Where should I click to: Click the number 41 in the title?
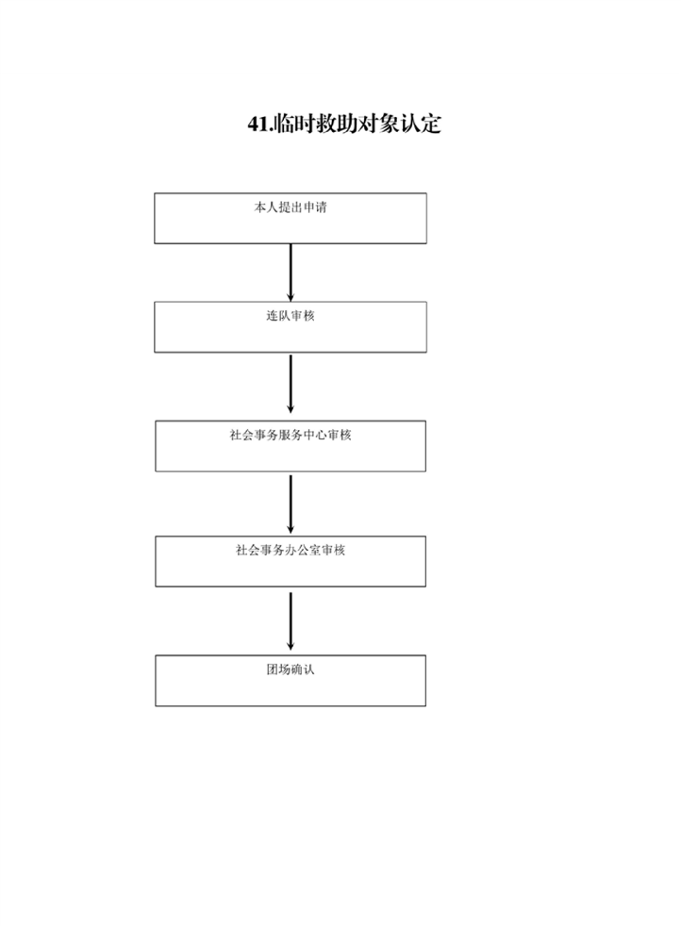click(257, 124)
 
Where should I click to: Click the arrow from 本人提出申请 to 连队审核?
click(290, 273)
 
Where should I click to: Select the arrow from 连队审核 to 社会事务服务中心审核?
click(290, 384)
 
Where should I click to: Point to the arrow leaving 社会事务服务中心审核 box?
click(290, 504)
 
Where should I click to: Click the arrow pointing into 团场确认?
click(290, 621)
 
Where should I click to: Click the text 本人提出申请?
click(290, 207)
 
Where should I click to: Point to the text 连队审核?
click(290, 316)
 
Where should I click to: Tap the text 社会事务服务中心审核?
click(290, 436)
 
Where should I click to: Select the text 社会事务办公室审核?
click(290, 551)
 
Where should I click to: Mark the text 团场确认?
click(290, 670)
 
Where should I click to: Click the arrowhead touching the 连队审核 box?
click(290, 297)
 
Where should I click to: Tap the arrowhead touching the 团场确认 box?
click(290, 646)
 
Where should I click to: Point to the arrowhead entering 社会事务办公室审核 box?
click(290, 529)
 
